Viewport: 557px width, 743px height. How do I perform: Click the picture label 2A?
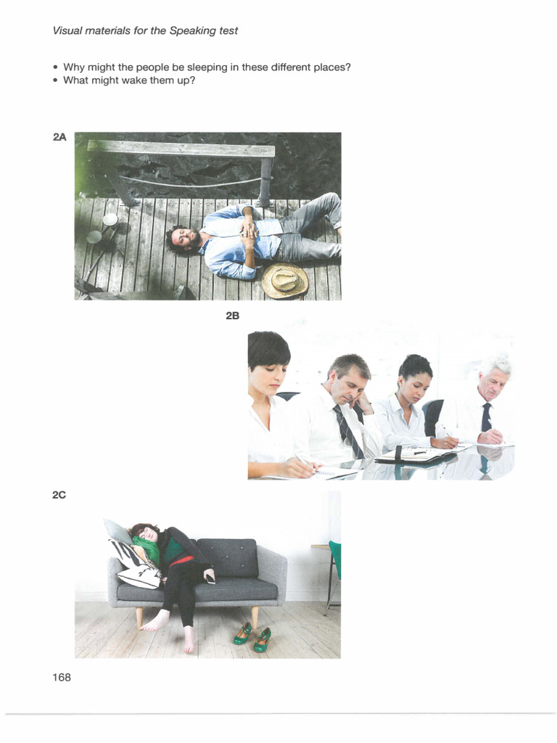coord(59,137)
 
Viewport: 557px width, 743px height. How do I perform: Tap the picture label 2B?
coord(232,316)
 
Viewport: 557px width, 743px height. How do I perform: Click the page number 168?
coord(62,677)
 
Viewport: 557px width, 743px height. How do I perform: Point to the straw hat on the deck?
coord(284,281)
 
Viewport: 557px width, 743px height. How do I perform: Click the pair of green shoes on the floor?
coord(252,636)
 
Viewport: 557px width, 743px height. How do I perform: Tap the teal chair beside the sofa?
coord(334,562)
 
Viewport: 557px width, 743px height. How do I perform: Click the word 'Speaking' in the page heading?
coord(176,30)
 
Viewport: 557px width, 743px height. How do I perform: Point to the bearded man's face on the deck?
coord(183,237)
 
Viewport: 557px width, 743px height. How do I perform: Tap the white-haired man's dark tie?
coord(486,419)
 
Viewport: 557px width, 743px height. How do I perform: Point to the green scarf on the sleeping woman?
coord(148,549)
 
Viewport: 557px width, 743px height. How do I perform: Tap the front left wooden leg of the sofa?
coord(139,616)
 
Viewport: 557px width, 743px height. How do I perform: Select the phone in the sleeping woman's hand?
coord(210,578)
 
